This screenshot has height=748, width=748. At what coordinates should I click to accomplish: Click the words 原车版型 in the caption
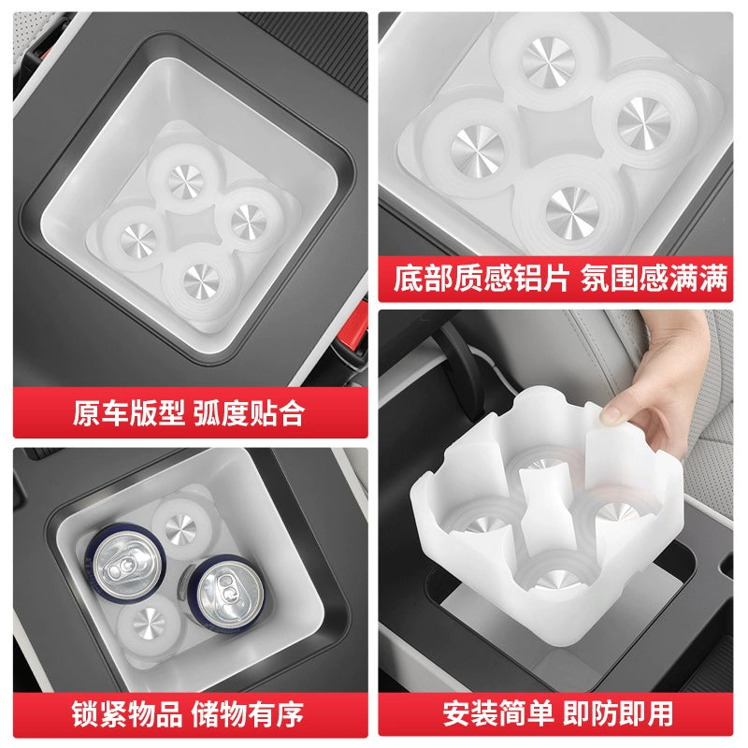coord(129,413)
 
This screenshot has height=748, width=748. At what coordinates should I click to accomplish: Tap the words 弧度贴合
coord(249,413)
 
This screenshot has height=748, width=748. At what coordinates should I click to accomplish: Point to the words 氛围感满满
coord(654,278)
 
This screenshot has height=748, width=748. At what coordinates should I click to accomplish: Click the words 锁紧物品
coord(127,714)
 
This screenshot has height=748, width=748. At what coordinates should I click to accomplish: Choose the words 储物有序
coord(248,714)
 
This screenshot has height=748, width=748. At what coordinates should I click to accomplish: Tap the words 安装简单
coord(498,713)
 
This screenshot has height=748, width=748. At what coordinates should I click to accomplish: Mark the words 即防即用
coord(618,713)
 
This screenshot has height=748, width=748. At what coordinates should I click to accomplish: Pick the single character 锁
coord(85,714)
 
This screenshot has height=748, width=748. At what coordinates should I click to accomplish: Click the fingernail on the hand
coord(609,415)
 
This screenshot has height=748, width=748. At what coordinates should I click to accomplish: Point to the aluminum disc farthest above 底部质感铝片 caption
coord(547,62)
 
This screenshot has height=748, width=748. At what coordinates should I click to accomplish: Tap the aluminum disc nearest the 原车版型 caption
coord(201,281)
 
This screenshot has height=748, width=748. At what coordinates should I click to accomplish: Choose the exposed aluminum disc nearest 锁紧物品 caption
coord(149,623)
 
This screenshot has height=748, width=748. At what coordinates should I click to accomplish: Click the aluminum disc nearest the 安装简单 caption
coord(556,579)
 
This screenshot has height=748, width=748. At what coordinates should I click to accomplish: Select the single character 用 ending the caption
coord(660,713)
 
